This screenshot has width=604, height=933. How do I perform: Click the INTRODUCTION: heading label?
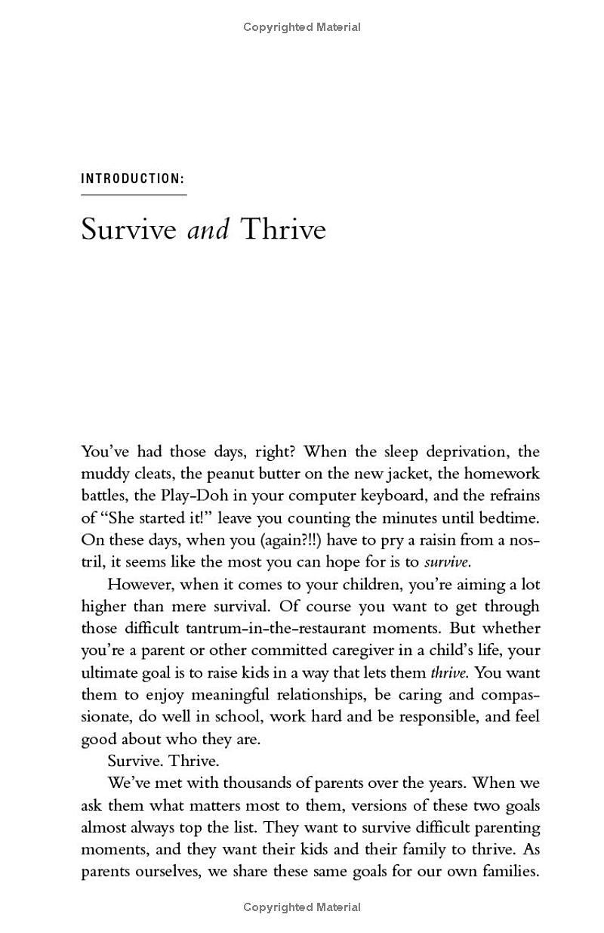[133, 179]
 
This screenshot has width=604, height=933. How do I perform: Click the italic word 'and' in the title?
[208, 228]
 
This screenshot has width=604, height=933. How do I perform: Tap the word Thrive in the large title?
[282, 228]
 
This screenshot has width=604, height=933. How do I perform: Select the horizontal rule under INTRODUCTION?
[134, 195]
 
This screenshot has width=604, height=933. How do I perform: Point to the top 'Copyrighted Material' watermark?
[302, 27]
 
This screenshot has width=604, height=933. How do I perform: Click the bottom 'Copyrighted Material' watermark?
[302, 907]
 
